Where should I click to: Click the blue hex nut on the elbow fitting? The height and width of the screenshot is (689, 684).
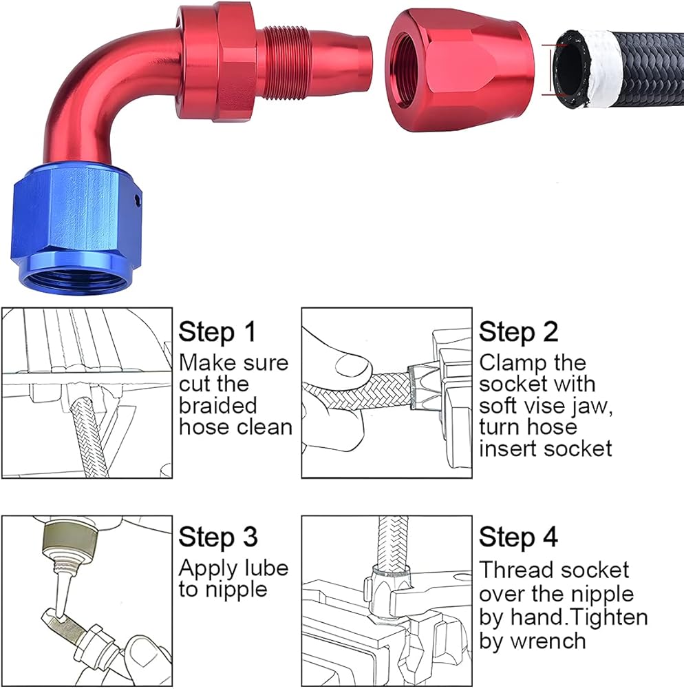pos(74,229)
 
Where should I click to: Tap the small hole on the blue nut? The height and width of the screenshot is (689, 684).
pos(137,199)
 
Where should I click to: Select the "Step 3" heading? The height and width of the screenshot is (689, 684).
pos(218,537)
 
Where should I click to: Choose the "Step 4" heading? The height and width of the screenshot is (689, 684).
pos(518,537)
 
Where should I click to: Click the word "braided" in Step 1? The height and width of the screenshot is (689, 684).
pos(217,405)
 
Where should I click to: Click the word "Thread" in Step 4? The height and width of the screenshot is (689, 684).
pos(510,570)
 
